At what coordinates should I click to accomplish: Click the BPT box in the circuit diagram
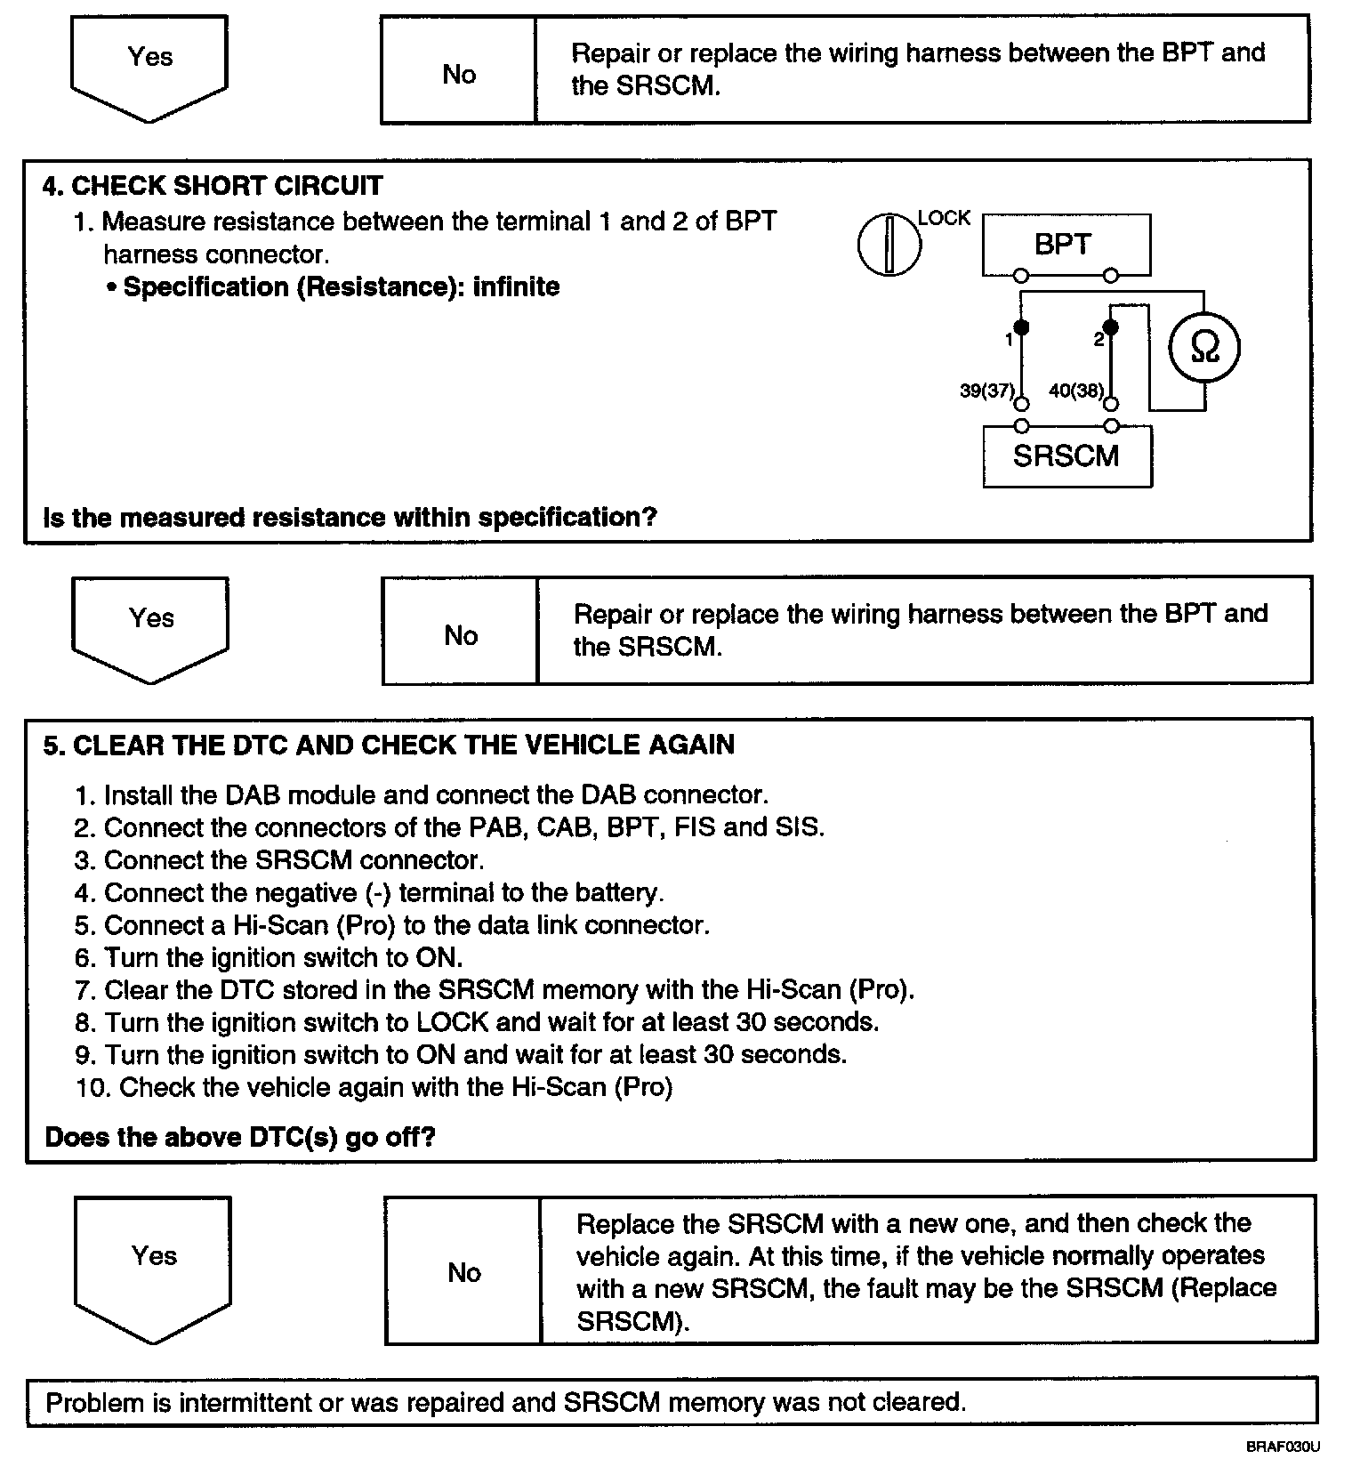click(1066, 245)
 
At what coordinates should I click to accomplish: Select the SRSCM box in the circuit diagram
click(1066, 456)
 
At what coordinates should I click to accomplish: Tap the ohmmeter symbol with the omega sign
click(1203, 348)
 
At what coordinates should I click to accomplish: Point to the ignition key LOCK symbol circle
click(889, 244)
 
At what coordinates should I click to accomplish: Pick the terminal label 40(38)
click(1076, 390)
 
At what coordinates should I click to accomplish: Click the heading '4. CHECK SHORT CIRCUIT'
click(213, 186)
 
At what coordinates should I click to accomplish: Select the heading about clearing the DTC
click(390, 745)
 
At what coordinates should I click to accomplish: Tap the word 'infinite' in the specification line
click(517, 286)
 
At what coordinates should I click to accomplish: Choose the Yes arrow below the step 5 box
click(154, 1264)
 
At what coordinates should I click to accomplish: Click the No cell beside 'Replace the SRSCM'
click(463, 1272)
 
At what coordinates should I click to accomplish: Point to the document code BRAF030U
click(1283, 1447)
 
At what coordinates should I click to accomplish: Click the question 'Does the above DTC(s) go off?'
click(240, 1137)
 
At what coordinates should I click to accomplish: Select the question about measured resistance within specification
click(350, 517)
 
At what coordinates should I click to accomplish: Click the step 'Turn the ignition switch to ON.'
click(284, 957)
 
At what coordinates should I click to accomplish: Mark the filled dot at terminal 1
click(1021, 327)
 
